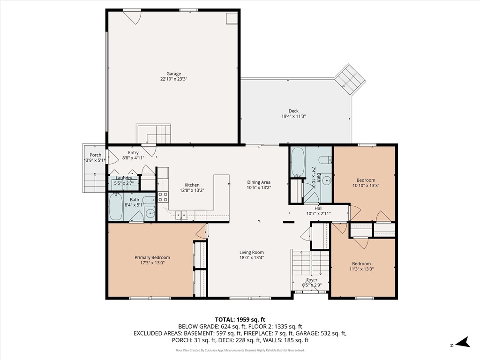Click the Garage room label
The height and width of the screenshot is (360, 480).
click(173, 74)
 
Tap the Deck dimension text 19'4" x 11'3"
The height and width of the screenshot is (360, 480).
click(293, 116)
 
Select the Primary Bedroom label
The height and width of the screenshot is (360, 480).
click(152, 257)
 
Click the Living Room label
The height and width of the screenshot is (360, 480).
click(252, 252)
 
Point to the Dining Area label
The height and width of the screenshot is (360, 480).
click(259, 182)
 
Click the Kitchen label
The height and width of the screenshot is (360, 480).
click(192, 185)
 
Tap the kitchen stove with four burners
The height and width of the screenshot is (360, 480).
click(163, 197)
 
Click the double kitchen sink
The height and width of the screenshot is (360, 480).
click(181, 215)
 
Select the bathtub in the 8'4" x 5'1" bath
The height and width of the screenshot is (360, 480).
click(116, 207)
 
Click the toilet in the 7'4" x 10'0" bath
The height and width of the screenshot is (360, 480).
click(324, 160)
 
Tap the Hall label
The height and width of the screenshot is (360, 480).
click(318, 209)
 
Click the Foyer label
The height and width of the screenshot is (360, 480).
click(312, 280)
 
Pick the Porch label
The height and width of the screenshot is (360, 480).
click(95, 155)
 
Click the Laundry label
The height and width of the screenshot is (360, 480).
click(124, 178)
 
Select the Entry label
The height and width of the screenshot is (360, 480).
click(133, 152)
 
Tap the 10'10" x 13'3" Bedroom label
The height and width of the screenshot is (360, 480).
click(366, 180)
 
